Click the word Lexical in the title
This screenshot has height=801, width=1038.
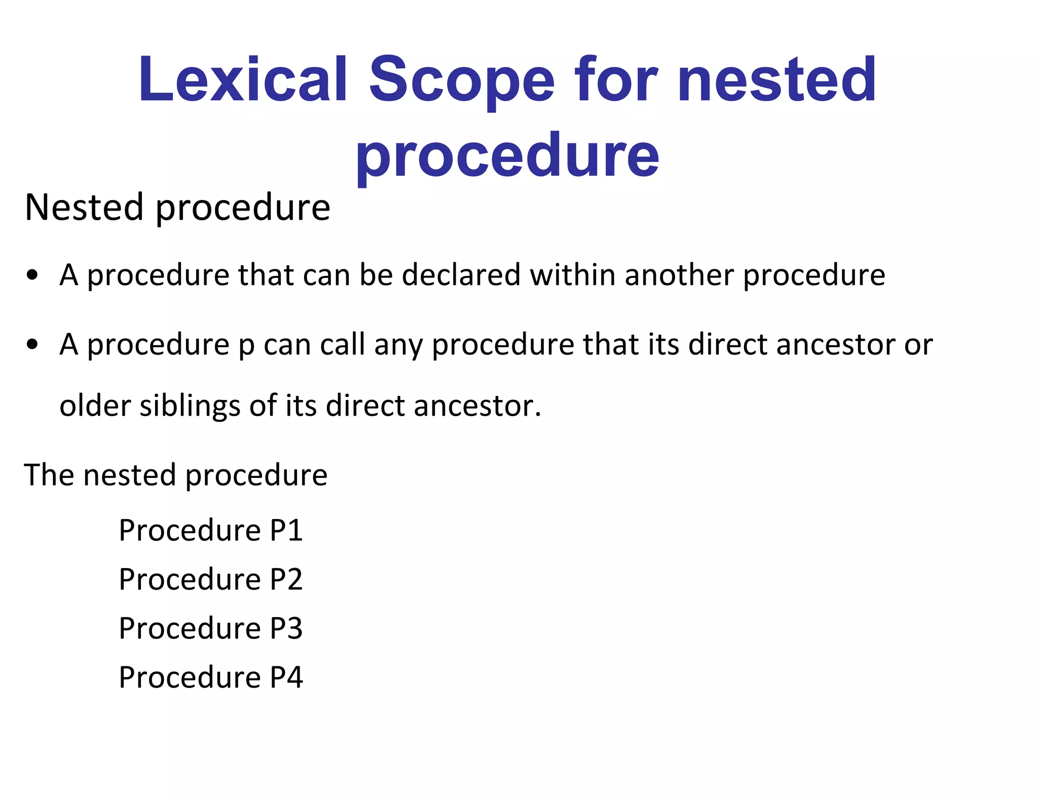[x=243, y=79]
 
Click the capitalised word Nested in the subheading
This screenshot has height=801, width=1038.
[x=84, y=207]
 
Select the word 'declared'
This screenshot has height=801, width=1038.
[x=461, y=275]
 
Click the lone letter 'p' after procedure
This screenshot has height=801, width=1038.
[x=246, y=347]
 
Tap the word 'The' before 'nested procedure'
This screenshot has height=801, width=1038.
[x=49, y=475]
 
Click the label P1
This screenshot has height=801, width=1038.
[x=286, y=530]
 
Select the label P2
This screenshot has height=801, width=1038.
[x=286, y=579]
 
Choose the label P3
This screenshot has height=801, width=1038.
[x=286, y=628]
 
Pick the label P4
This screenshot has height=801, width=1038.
[x=286, y=677]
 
